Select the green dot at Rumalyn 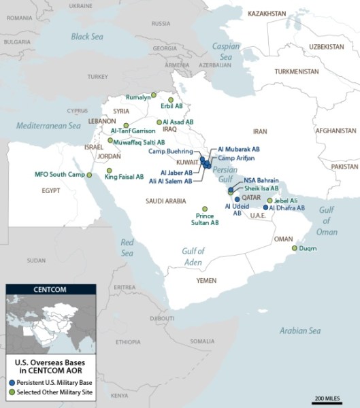coord(154,95)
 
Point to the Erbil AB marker coord(171,100)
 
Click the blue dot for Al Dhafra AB coord(265,207)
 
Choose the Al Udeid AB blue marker coord(237,199)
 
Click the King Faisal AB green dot coord(109,171)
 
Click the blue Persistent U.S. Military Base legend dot coord(11,383)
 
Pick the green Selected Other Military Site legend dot coord(11,391)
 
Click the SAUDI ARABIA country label coord(165,201)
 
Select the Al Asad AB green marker coord(159,122)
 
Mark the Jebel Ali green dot coord(270,201)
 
